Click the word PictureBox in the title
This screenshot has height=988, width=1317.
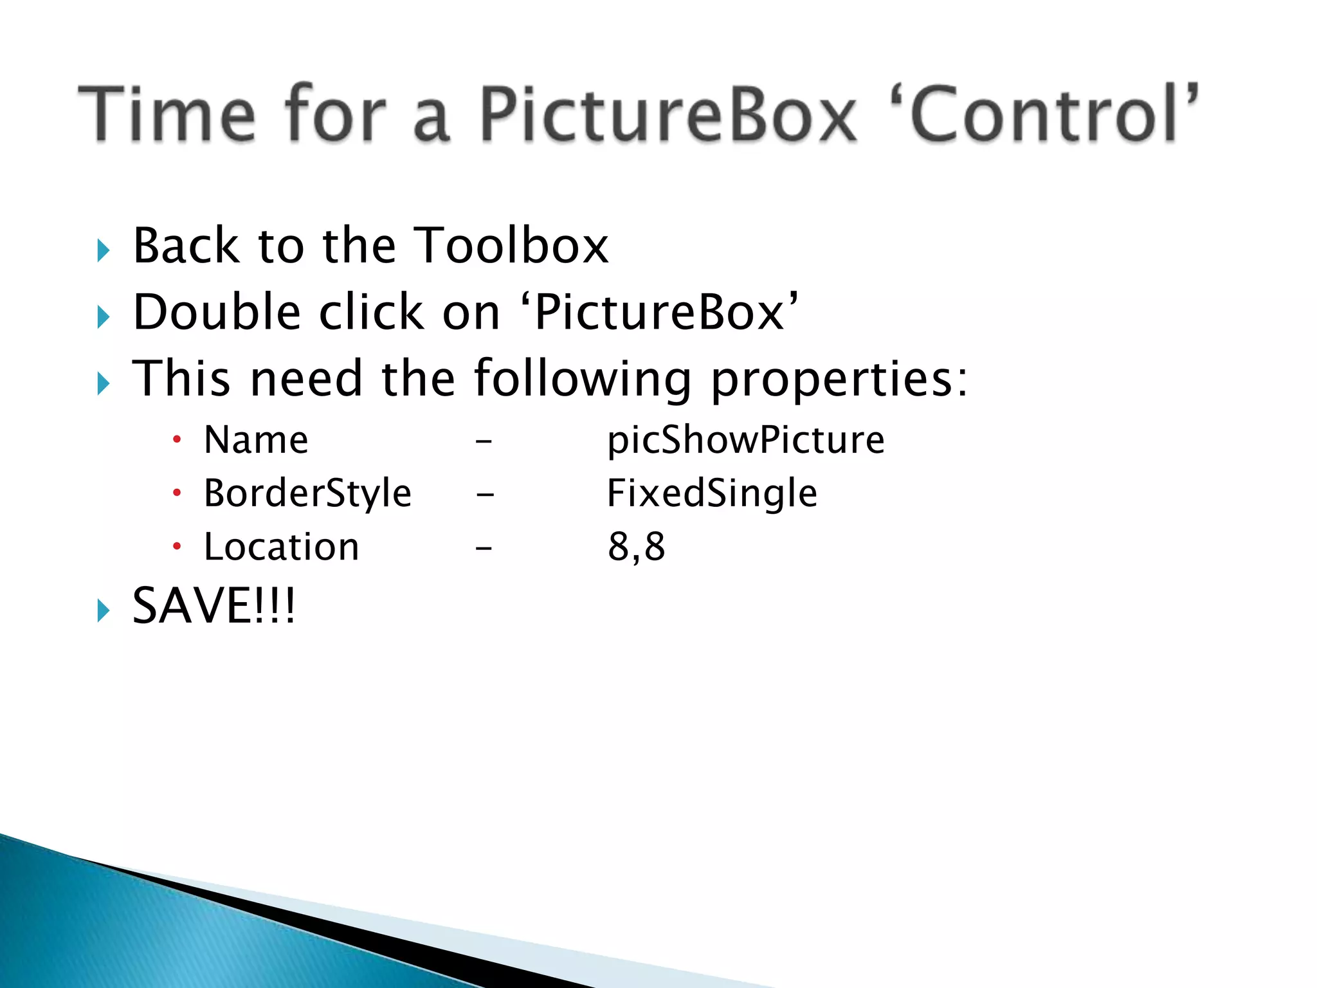click(669, 114)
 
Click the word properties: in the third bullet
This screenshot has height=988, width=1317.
click(839, 380)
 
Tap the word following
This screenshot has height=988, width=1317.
click(582, 380)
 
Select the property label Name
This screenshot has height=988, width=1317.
click(256, 441)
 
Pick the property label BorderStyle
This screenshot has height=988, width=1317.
click(307, 494)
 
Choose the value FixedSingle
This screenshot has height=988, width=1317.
click(712, 494)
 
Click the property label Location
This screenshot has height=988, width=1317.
click(281, 547)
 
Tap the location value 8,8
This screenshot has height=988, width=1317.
click(636, 547)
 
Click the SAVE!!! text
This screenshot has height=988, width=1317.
click(213, 606)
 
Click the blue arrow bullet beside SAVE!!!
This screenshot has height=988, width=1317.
click(104, 610)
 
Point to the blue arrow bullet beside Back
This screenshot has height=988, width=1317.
click(104, 250)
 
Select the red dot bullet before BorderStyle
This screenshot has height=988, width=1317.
click(177, 493)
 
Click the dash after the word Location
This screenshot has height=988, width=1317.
click(484, 548)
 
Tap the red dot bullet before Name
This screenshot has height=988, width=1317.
click(177, 440)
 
